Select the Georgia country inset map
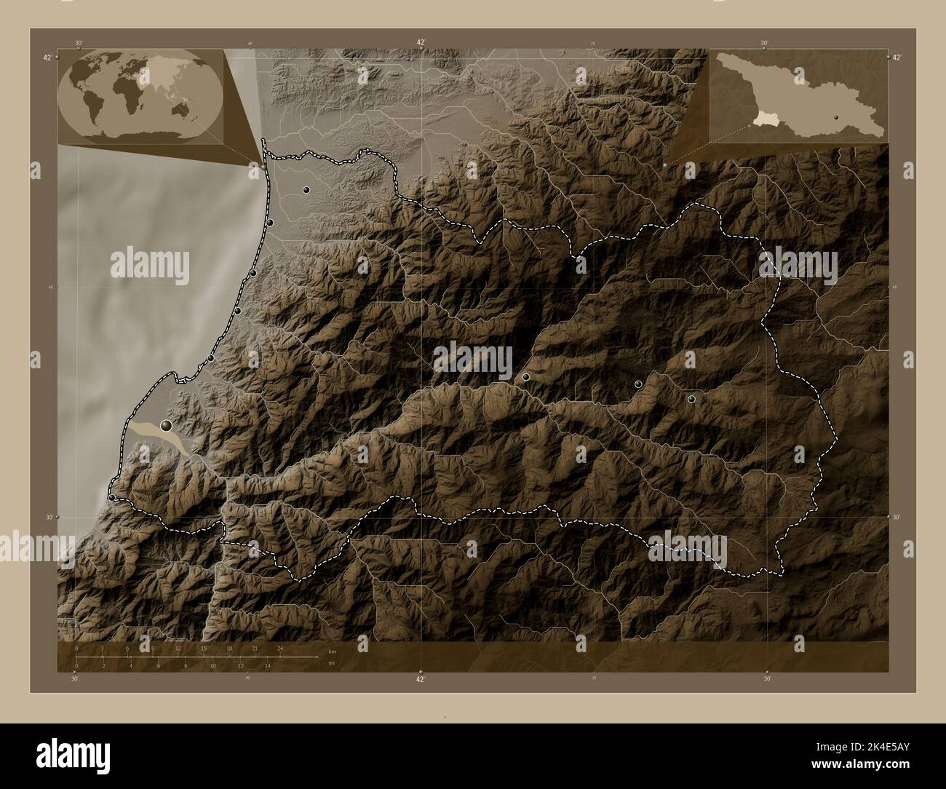[798, 95]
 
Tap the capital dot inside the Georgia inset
[837, 116]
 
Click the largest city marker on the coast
[167, 425]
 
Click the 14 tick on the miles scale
[268, 665]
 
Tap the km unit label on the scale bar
[332, 651]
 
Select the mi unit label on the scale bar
[332, 663]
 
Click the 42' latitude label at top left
[47, 58]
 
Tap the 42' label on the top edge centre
[421, 42]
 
